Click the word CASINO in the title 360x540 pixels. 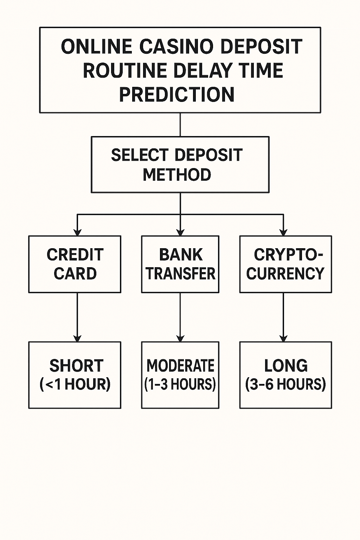(176, 46)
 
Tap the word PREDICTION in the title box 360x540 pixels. (177, 94)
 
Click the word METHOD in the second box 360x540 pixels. (177, 174)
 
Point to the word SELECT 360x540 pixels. (140, 155)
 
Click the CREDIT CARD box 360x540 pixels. (75, 264)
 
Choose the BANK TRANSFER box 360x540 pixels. (180, 264)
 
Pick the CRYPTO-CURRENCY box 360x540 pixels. (285, 264)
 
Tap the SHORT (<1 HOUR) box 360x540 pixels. (75, 375)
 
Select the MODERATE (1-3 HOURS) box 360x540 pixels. (180, 375)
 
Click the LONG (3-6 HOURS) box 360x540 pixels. (285, 375)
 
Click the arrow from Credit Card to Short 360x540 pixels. (77, 317)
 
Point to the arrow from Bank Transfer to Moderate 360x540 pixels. (180, 317)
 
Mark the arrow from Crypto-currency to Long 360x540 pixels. (283, 317)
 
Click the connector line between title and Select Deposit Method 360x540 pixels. (180, 125)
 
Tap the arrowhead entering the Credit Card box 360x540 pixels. (77, 232)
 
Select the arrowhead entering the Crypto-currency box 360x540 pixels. (283, 232)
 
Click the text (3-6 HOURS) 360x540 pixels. (285, 384)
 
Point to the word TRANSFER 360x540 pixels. (181, 274)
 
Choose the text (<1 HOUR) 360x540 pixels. (75, 384)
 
